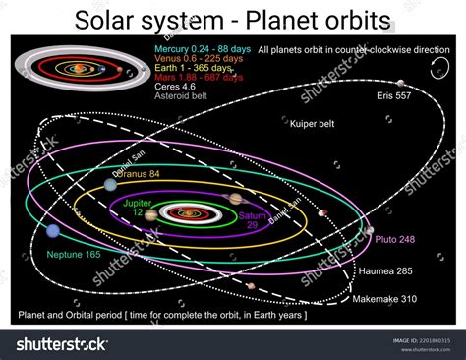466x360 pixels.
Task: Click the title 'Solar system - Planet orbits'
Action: click(x=233, y=20)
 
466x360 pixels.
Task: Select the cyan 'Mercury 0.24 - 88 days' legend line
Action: click(x=197, y=47)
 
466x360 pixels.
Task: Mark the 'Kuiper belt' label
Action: click(x=312, y=124)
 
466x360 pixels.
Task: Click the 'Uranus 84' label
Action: click(x=140, y=173)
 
